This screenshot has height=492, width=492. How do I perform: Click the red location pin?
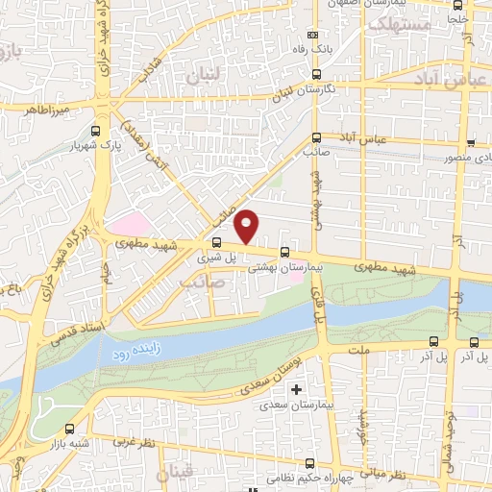(247, 225)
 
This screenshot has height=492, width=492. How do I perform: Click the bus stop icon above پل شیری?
(215, 242)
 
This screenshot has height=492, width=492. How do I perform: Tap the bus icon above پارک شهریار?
(94, 132)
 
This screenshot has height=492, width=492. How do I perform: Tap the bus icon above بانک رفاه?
(317, 74)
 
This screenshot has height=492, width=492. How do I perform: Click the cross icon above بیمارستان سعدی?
(296, 390)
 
